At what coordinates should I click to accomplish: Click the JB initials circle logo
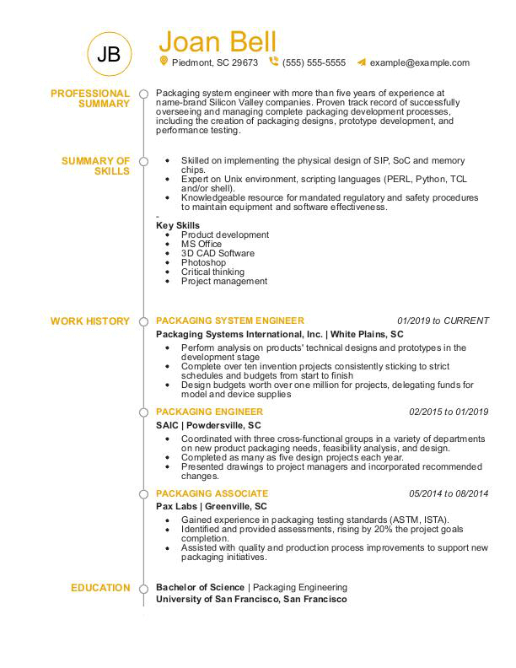click(x=109, y=56)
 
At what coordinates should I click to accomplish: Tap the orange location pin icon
click(x=164, y=62)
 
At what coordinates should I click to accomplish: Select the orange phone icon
click(x=273, y=62)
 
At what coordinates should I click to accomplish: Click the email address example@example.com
click(x=419, y=62)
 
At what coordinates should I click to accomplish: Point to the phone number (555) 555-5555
click(x=314, y=62)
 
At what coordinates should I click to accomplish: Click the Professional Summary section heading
click(x=90, y=98)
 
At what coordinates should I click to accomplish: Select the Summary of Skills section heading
click(x=96, y=165)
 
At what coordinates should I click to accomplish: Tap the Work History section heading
click(x=90, y=321)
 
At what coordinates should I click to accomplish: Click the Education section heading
click(x=100, y=588)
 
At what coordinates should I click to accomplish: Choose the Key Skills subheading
click(x=178, y=225)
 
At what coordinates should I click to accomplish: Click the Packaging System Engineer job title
click(x=230, y=321)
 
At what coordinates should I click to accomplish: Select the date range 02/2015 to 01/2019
click(x=449, y=412)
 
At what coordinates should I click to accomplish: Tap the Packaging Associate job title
click(x=212, y=493)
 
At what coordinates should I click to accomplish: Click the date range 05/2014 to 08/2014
click(x=449, y=493)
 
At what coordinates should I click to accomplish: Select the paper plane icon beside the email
click(x=361, y=62)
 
